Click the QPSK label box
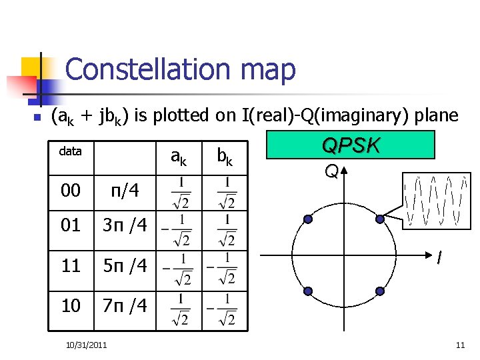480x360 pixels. click(x=350, y=145)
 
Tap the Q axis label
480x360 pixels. click(x=331, y=172)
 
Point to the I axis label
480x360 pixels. click(x=439, y=258)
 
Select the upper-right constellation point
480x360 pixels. click(x=380, y=219)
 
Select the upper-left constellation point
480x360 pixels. click(x=308, y=219)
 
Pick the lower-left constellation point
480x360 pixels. click(x=308, y=291)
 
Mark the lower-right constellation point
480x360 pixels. click(x=380, y=291)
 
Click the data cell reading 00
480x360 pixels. click(x=71, y=191)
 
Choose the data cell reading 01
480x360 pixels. click(x=71, y=225)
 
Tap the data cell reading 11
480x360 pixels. click(x=71, y=267)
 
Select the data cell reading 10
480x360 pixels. click(x=71, y=305)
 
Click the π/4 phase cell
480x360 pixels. click(x=125, y=191)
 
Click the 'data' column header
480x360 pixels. click(x=70, y=151)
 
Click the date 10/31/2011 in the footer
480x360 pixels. click(x=86, y=344)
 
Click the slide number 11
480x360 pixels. click(x=460, y=345)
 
